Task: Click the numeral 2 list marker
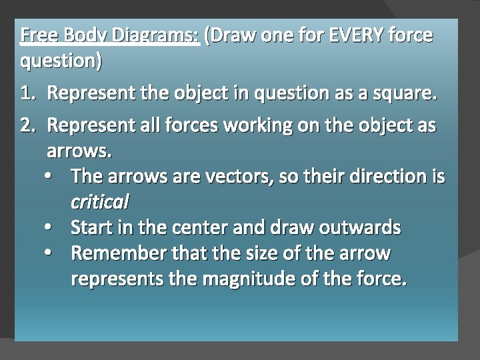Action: coord(28,126)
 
